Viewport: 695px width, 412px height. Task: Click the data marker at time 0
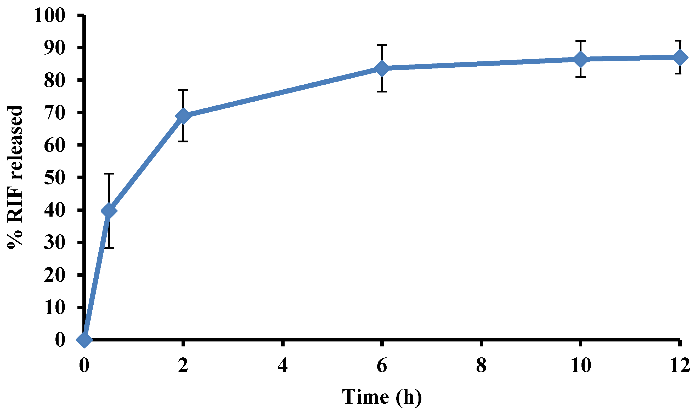84,339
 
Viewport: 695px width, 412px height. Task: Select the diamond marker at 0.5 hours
109,211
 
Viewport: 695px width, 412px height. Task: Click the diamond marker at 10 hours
580,59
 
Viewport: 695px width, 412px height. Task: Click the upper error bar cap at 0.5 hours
109,173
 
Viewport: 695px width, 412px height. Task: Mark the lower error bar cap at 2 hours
183,141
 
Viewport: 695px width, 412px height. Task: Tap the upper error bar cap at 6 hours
382,45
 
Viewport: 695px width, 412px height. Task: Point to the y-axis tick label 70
54,112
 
